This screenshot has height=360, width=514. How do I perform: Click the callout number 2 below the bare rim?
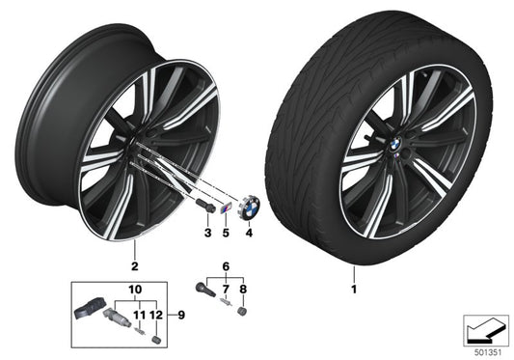coord(134,264)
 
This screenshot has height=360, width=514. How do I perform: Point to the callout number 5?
coord(227,233)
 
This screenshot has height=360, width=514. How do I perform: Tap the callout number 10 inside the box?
coord(133,289)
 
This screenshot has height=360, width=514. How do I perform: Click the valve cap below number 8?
coord(243,314)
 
